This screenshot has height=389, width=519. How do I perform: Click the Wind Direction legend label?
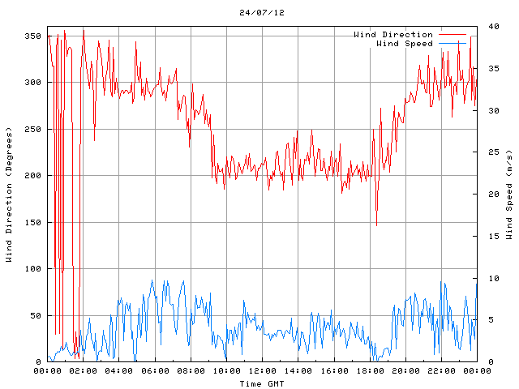[393, 34]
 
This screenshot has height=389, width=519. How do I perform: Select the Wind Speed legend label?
[405, 43]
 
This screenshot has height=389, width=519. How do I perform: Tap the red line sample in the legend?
[453, 34]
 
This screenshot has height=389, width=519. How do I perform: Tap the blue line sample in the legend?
[453, 43]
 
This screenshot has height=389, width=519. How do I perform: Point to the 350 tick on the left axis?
[32, 36]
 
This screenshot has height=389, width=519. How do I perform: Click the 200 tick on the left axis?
[32, 176]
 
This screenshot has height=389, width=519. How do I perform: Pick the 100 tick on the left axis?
[32, 269]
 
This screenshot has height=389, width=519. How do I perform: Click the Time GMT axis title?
[262, 383]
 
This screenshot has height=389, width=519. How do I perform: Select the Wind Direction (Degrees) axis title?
[9, 194]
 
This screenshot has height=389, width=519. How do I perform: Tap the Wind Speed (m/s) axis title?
[509, 194]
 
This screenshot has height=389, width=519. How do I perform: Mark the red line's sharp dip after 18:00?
[376, 224]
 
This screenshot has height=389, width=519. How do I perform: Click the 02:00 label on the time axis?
[84, 371]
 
